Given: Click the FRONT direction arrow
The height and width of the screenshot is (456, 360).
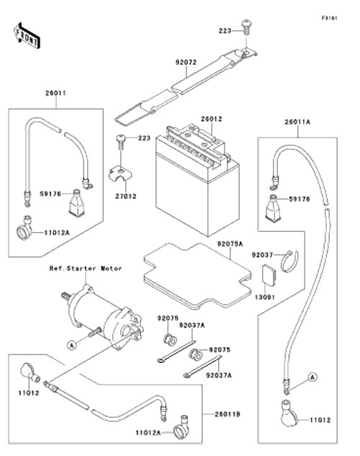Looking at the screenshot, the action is coord(27,35).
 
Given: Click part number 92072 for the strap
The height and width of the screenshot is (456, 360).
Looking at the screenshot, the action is coord(186,62).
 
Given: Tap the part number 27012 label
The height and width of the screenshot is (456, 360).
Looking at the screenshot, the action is coord(125,196).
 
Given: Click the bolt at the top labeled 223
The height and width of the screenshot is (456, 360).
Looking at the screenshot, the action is coord(246,27).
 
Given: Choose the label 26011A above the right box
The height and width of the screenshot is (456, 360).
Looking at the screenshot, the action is coord(297,122).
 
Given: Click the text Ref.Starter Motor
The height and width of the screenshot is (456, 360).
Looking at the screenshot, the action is coord(86,269).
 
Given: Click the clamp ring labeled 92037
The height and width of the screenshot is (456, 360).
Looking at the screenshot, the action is coord(289,261).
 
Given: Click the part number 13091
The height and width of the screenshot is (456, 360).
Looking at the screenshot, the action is coord(265,298).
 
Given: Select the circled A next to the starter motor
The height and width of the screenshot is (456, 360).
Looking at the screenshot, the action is coord(71,345).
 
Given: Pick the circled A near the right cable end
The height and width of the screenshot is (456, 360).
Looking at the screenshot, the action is coord(312,377).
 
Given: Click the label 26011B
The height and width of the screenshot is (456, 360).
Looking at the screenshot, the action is coord(228,414).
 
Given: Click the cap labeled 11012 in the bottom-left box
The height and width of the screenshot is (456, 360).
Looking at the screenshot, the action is coord(30,372).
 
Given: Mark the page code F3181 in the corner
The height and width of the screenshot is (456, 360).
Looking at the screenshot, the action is coord(330,18).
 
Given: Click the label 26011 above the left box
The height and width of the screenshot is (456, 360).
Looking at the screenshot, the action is coord(55,94).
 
